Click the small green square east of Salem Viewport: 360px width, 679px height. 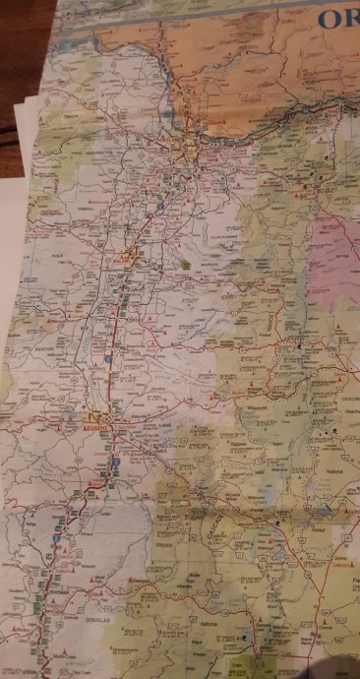coord(186,263)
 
